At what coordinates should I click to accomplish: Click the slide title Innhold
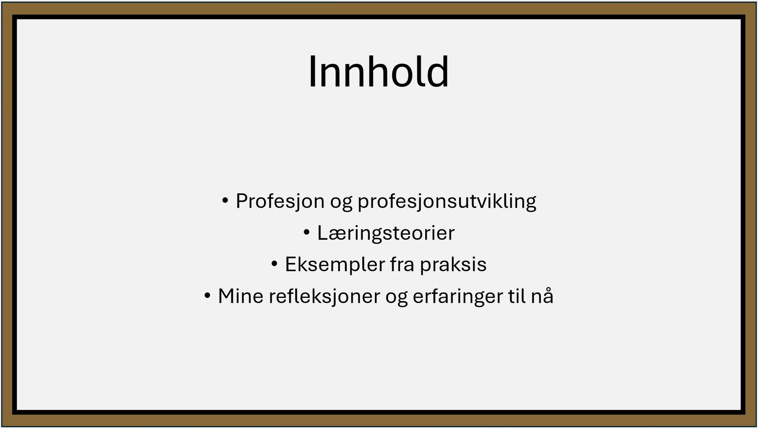(379, 72)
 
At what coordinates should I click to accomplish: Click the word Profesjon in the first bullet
(280, 201)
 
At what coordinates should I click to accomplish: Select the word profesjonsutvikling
(447, 202)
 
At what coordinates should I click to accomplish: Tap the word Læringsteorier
(386, 234)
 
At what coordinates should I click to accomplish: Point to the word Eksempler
(335, 265)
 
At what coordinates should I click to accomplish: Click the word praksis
(453, 265)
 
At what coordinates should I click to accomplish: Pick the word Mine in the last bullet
(241, 296)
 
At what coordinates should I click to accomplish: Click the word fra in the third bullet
(402, 264)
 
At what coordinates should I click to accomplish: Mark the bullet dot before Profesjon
(225, 201)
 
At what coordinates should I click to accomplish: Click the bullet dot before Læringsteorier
(307, 232)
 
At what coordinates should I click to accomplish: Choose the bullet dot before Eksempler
(274, 264)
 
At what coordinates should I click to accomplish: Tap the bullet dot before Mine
(208, 295)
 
